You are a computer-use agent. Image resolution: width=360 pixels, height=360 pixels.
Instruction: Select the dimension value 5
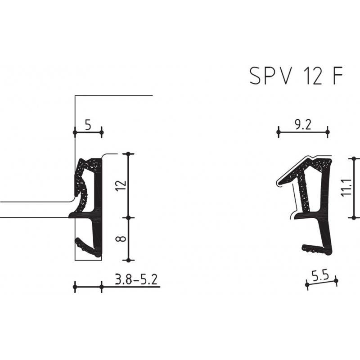pyautogui.click(x=87, y=125)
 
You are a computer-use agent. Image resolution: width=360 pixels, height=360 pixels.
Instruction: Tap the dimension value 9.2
pyautogui.click(x=303, y=125)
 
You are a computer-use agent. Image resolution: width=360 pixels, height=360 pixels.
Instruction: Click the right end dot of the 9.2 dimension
pyautogui.click(x=328, y=132)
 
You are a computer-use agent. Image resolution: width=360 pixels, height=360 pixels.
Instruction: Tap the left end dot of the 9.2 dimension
pyautogui.click(x=279, y=132)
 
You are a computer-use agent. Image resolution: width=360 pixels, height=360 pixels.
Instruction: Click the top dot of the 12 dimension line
pyautogui.click(x=129, y=154)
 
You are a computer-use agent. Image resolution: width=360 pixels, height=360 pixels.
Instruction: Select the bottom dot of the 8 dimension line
pyautogui.click(x=129, y=260)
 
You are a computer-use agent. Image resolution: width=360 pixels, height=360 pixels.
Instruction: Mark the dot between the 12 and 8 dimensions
pyautogui.click(x=129, y=217)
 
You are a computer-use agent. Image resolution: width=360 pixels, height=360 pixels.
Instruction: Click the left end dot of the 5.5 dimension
pyautogui.click(x=306, y=284)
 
